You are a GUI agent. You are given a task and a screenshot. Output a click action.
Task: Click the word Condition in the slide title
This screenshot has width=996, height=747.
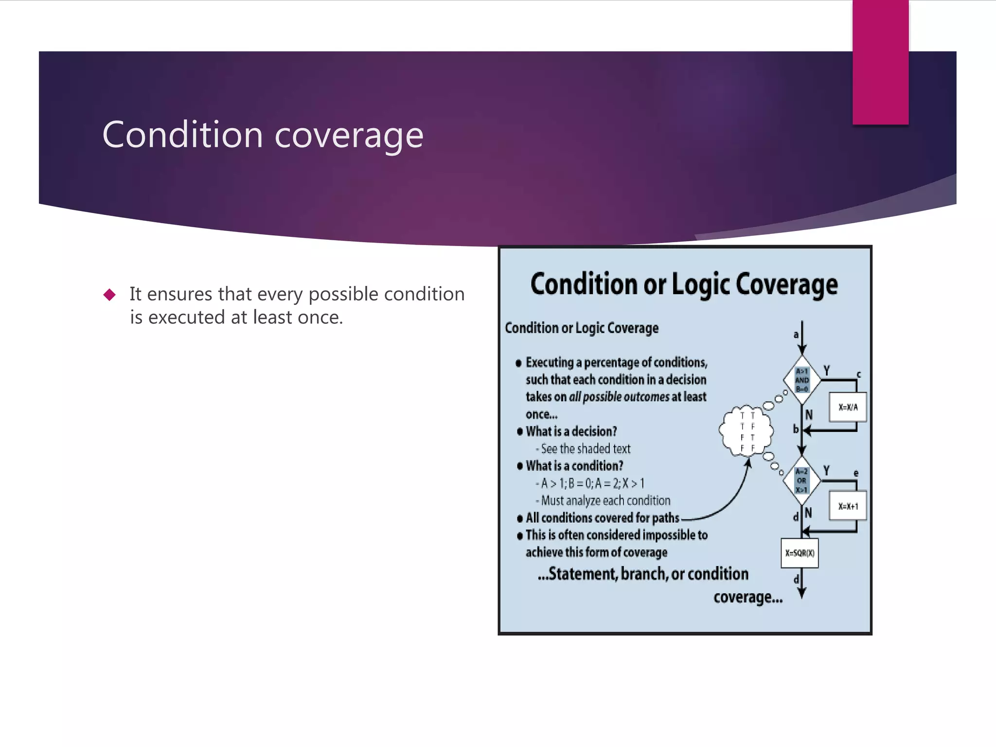(x=182, y=135)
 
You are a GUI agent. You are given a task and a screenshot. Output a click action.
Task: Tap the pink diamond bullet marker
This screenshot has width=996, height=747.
(x=110, y=295)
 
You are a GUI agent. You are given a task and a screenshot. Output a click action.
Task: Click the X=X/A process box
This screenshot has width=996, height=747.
(x=848, y=407)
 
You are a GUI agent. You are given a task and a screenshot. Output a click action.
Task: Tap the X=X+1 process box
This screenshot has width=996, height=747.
(x=848, y=506)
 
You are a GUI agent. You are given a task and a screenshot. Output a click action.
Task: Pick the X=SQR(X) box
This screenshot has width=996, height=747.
(x=800, y=553)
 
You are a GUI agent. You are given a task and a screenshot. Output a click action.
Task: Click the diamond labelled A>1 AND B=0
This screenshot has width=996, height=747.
(x=802, y=380)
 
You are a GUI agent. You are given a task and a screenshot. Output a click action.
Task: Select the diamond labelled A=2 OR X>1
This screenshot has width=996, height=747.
(x=802, y=480)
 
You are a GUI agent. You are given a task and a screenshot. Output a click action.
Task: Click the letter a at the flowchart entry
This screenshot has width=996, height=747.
(x=796, y=335)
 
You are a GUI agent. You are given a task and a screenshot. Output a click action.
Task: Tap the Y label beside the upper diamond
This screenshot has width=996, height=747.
(x=826, y=371)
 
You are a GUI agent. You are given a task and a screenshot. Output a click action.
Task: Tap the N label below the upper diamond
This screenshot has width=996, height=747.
(x=809, y=415)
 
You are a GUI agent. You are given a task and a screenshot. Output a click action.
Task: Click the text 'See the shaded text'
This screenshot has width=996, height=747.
(x=586, y=449)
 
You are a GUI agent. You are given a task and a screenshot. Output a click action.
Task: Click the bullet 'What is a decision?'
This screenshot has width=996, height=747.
(x=571, y=431)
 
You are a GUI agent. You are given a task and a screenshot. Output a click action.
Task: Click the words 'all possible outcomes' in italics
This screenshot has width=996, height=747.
(x=619, y=397)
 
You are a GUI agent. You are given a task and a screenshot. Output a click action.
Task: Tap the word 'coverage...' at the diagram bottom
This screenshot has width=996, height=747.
(x=748, y=597)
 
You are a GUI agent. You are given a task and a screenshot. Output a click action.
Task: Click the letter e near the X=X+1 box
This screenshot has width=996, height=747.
(x=856, y=473)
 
